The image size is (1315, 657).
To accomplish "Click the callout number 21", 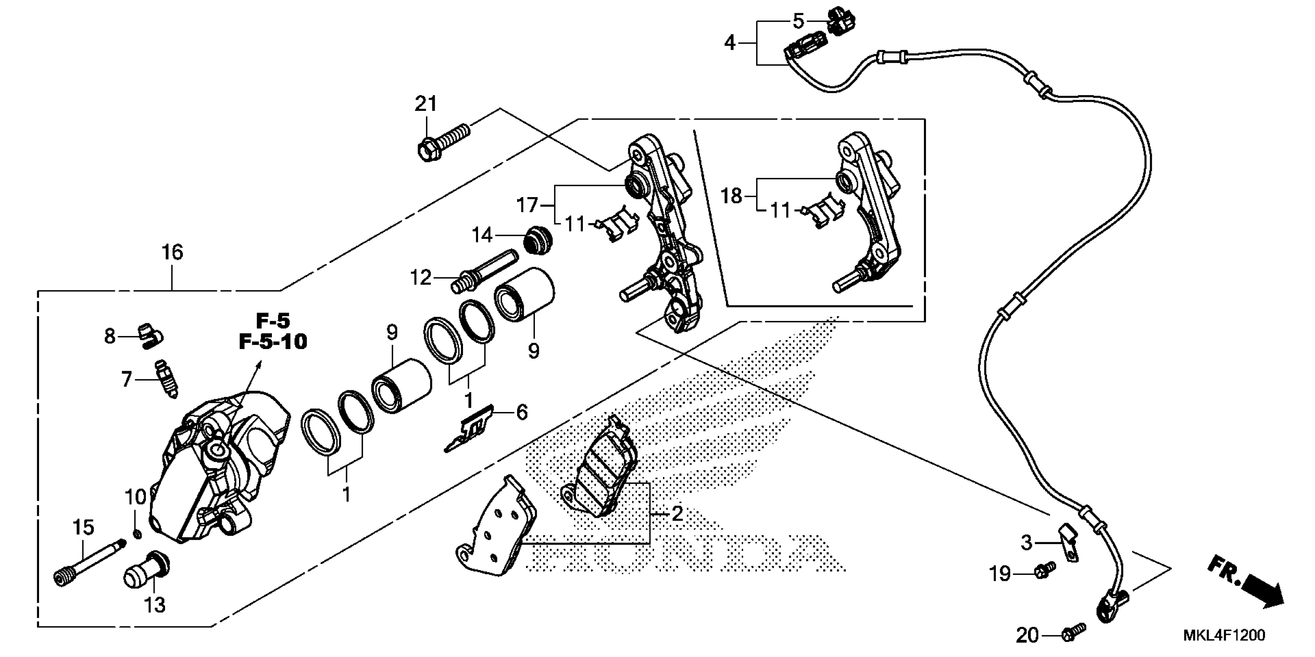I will (x=426, y=104).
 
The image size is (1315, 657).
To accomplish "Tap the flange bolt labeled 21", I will (x=442, y=139).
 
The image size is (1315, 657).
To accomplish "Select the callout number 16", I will (x=172, y=252).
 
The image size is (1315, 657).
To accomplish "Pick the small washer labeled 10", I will (x=137, y=534).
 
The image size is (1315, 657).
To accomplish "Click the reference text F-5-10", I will (x=273, y=342).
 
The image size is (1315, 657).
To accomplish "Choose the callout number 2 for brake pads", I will (x=677, y=514).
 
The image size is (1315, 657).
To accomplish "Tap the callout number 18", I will (x=731, y=196).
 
